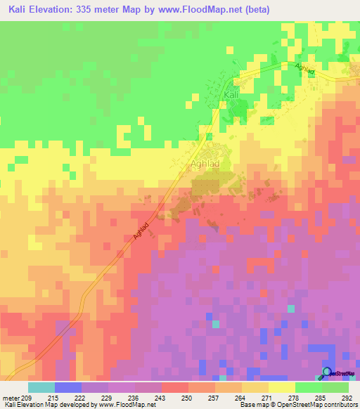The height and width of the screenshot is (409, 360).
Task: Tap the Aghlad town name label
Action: pos(205,164)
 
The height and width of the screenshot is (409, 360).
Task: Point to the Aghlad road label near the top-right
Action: pos(304,71)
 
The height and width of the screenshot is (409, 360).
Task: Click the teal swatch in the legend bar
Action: pos(41,387)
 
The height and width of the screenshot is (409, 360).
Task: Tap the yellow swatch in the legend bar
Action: pos(281,387)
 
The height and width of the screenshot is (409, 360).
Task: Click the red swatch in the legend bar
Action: pos(175,387)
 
